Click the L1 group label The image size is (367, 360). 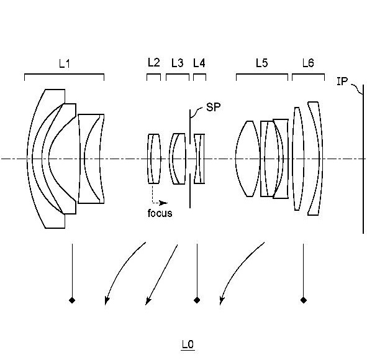coord(65,63)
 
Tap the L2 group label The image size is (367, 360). coord(154,63)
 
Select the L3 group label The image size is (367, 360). coord(178,63)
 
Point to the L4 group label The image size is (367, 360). coord(199,63)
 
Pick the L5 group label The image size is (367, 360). coord(261,63)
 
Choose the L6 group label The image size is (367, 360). coord(308,63)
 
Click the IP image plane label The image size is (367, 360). coord(342,81)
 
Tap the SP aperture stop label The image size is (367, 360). coord(213,107)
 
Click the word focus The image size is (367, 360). coord(160,213)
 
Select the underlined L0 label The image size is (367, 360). coord(188,344)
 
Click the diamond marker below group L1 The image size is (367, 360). coord(72,300)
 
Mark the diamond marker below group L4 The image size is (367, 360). coord(197,300)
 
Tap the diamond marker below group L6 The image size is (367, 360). coord(304,300)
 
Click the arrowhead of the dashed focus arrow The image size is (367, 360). coord(163,203)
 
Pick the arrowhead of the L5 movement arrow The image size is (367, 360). coord(222,300)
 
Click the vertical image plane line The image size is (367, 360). coord(363,159)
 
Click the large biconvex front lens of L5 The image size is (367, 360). coord(248,159)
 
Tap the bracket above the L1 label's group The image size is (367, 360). coord(65,74)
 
